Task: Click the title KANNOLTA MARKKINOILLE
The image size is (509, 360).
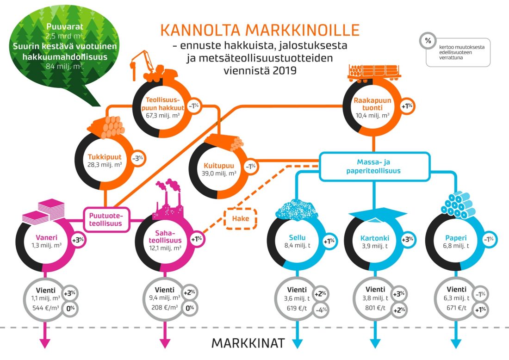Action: point(260,31)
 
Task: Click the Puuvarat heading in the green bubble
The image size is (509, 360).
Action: point(65,27)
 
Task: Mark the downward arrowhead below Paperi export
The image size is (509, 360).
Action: point(457,343)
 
